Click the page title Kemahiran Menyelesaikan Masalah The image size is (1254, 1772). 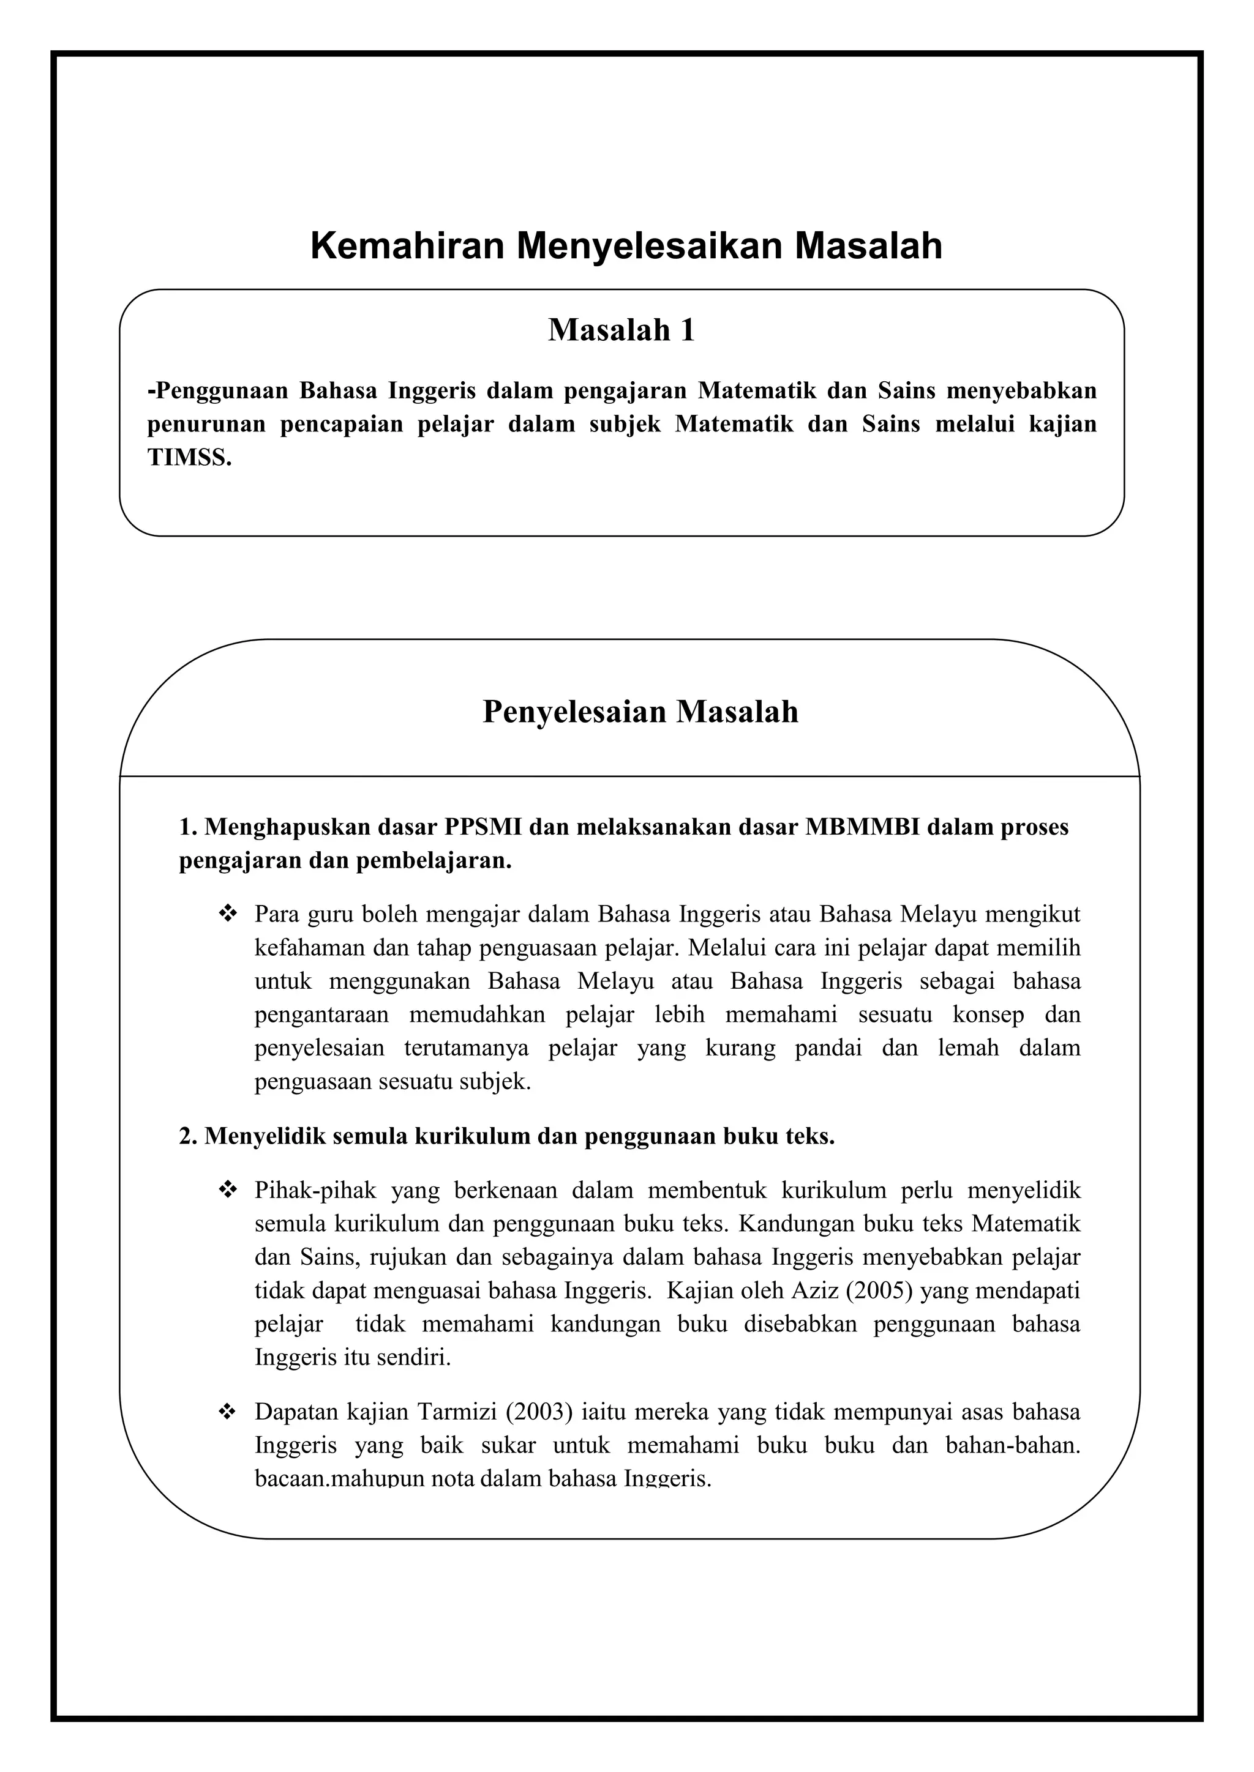pyautogui.click(x=626, y=246)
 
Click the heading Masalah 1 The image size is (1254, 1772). pyautogui.click(x=621, y=330)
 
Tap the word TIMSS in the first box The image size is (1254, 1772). pyautogui.click(x=189, y=458)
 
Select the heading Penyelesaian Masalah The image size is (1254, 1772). pyautogui.click(x=640, y=712)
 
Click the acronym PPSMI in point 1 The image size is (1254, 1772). pyautogui.click(x=483, y=827)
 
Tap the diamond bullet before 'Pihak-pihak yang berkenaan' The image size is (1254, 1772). pyautogui.click(x=228, y=1191)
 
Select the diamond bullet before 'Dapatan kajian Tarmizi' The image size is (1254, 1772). pyautogui.click(x=228, y=1412)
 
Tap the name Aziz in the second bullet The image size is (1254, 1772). pyautogui.click(x=808, y=1290)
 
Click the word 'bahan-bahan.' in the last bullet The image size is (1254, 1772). pyautogui.click(x=1012, y=1445)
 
